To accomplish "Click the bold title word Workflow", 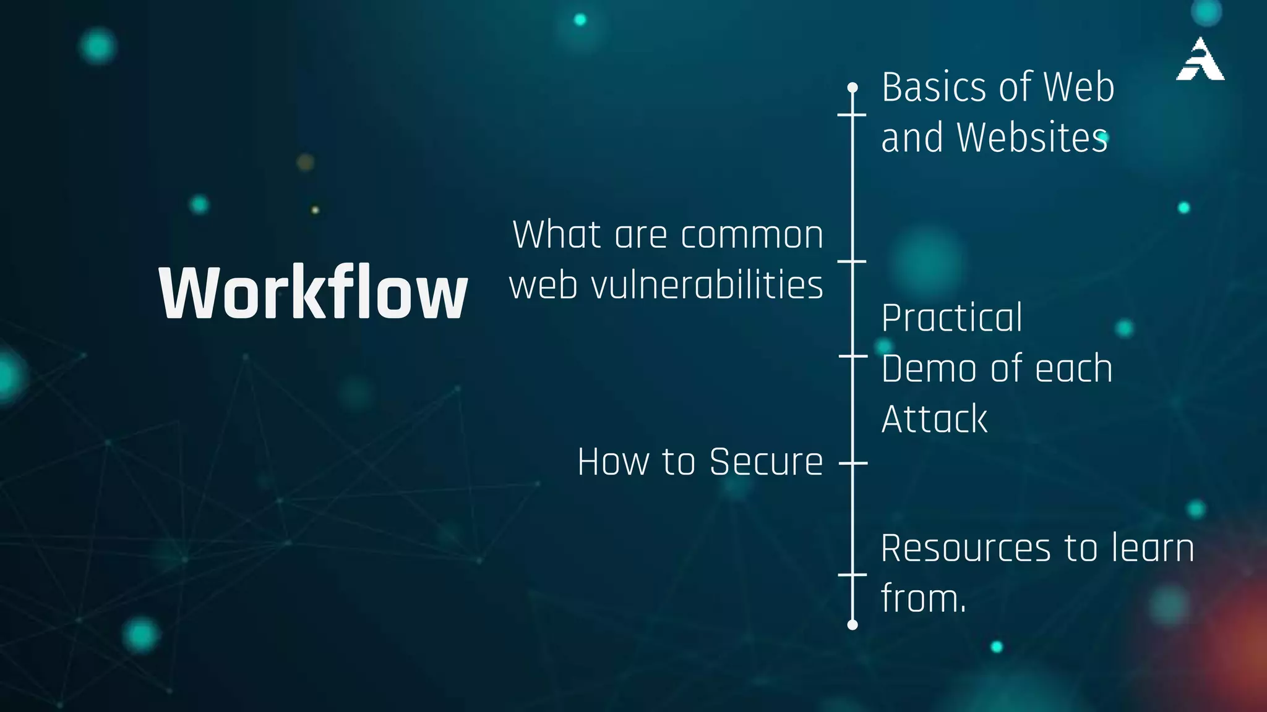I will tap(313, 292).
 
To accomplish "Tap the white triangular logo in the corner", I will tap(1200, 60).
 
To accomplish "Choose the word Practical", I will tap(951, 318).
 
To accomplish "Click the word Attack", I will tap(934, 419).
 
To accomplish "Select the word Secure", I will tap(766, 462).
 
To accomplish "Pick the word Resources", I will tap(966, 548).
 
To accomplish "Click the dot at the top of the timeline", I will tap(853, 87).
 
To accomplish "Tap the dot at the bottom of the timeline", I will tap(853, 625).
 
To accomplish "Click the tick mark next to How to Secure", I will tap(853, 462).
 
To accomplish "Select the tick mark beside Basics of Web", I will tap(853, 114).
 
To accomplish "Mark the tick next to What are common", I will tap(853, 261).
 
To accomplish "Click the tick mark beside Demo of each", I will tap(853, 356).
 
